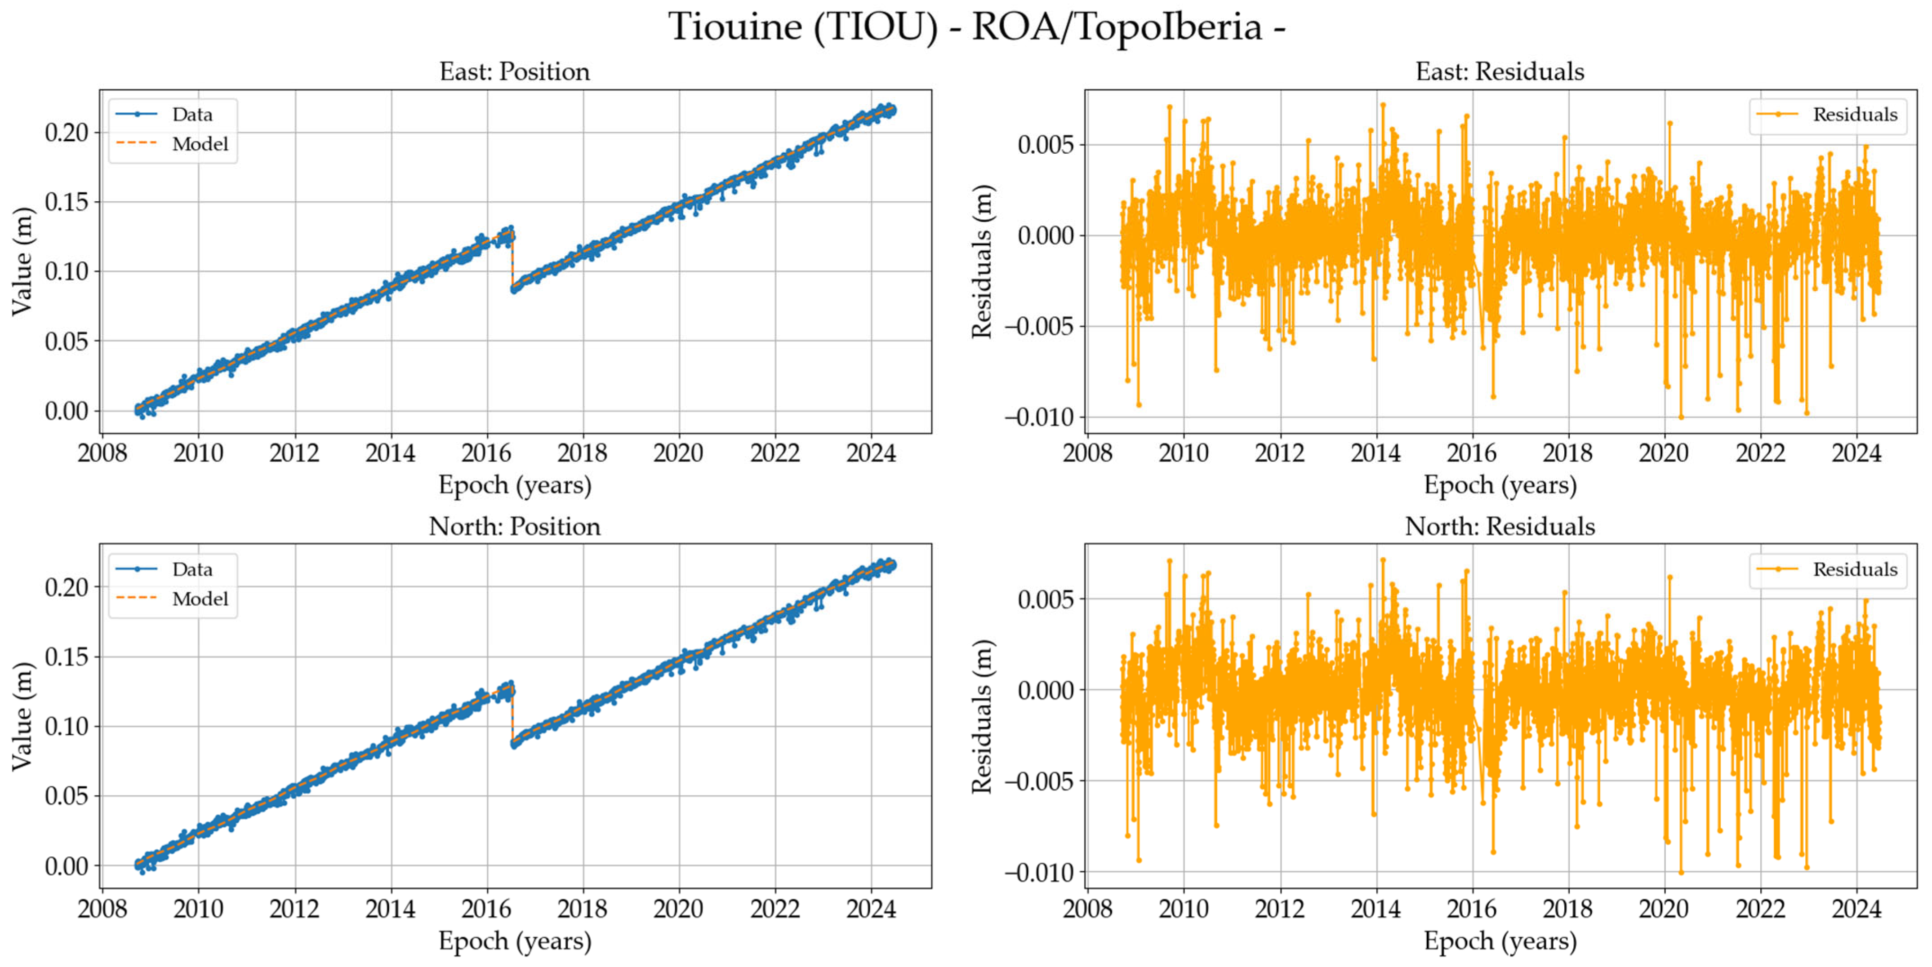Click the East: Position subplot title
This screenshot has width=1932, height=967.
pyautogui.click(x=515, y=72)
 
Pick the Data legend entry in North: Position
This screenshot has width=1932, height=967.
pyautogui.click(x=192, y=570)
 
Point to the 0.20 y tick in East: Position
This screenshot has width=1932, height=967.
pyautogui.click(x=66, y=133)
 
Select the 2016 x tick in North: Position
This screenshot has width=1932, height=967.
pyautogui.click(x=486, y=909)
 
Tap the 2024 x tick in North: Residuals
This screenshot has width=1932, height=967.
pyautogui.click(x=1856, y=909)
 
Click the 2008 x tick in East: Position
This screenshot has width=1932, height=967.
pyautogui.click(x=102, y=453)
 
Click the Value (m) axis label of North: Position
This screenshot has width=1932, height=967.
pyautogui.click(x=22, y=716)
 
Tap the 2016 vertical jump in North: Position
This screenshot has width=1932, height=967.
pyautogui.click(x=512, y=716)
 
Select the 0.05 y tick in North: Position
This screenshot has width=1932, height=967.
pyautogui.click(x=66, y=796)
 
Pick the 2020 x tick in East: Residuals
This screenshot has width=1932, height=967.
pyautogui.click(x=1664, y=453)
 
